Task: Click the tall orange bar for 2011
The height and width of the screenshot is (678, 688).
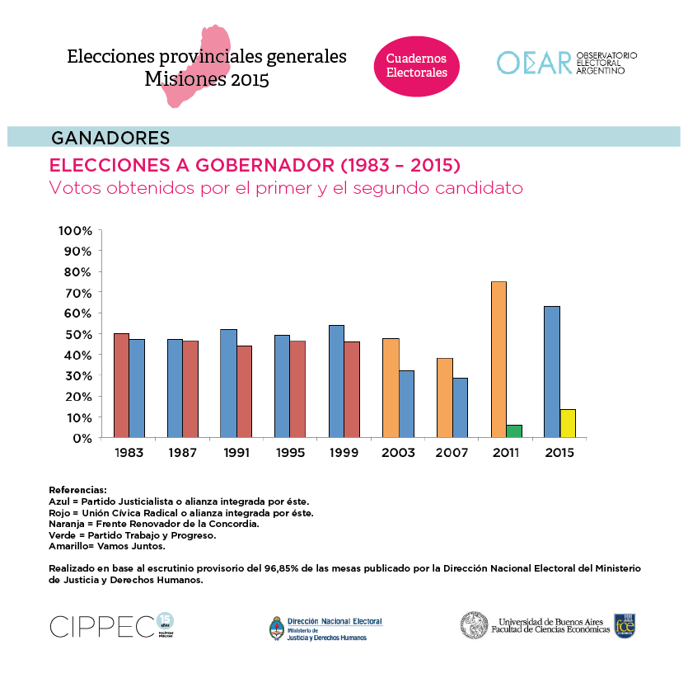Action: click(498, 359)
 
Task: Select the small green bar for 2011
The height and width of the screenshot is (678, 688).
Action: click(514, 431)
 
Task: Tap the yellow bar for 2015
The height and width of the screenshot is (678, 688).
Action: click(568, 423)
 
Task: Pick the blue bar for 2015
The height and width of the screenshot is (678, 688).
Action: click(552, 371)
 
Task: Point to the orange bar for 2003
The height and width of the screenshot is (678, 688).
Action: click(391, 388)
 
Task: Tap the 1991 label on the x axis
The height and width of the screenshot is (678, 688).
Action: click(236, 453)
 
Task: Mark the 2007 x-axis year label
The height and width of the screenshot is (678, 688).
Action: click(452, 453)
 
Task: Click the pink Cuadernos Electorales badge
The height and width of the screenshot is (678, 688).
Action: click(417, 66)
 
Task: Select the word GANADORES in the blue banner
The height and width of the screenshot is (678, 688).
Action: click(110, 137)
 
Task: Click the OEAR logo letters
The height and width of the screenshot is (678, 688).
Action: click(534, 63)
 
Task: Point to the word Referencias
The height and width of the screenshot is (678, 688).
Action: click(77, 490)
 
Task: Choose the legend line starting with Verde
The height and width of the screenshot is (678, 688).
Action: click(133, 534)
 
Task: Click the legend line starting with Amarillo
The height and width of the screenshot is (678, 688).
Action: click(107, 546)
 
